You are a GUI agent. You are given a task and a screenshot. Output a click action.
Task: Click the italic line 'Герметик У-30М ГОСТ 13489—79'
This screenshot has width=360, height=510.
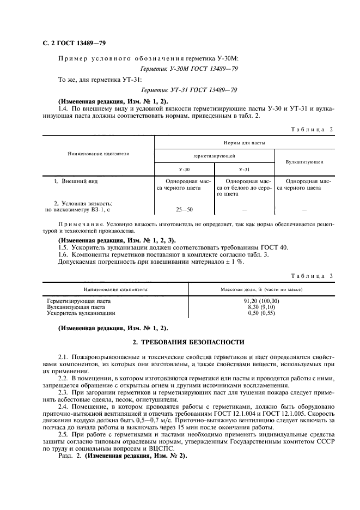coord(188,69)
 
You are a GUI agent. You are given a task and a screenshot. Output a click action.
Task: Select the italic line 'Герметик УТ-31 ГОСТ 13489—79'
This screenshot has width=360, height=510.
coord(188,90)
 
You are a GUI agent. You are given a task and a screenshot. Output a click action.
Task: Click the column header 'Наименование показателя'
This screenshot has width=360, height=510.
coord(98,154)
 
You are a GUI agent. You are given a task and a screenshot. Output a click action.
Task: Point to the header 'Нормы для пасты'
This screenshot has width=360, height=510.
coord(244,143)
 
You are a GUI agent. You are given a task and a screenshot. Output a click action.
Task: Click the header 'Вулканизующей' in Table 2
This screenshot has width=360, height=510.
coord(304,162)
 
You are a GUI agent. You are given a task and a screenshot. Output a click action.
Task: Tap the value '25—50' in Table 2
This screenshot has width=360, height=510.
coord(185,209)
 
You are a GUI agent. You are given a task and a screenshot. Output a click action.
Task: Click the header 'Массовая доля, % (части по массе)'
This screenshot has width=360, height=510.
coord(261,289)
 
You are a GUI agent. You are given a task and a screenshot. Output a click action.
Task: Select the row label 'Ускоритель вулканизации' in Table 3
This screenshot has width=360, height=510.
coord(81,314)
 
